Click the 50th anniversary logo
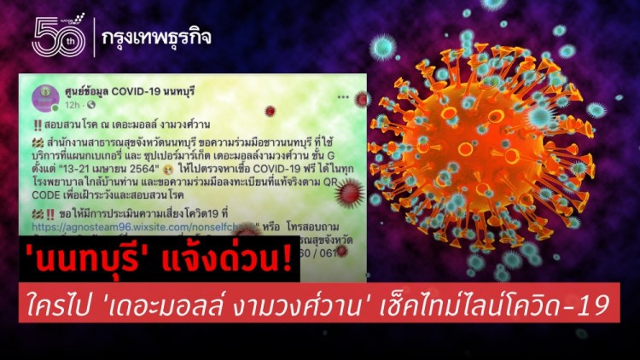click(58, 36)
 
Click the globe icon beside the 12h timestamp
click(90, 106)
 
